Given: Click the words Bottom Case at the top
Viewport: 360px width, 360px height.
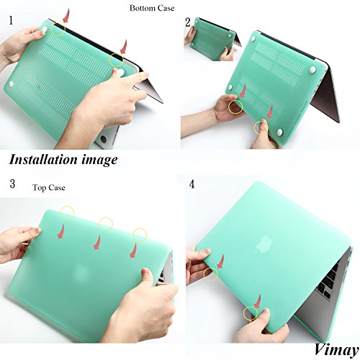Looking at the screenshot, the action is coord(152,8).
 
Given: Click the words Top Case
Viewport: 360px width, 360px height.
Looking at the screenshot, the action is coord(49,187).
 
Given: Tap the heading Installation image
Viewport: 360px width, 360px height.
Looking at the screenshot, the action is coord(63,160).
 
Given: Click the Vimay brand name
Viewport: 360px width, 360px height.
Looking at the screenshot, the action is coord(336,350).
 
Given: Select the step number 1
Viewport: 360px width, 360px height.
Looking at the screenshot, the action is coord(11,20).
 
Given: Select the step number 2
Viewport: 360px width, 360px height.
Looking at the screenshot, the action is coord(188,22).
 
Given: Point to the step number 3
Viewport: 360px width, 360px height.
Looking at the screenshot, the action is coord(12,184).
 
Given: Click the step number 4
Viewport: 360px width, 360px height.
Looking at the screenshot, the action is coord(192,184).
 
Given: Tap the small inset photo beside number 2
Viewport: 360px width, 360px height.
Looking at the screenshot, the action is coord(212,39).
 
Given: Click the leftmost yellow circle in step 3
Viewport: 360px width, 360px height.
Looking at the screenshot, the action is coord(67,213).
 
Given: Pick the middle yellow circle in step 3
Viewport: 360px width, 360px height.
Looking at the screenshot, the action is coord(106,224).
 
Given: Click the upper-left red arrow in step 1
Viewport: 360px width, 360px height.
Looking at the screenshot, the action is coord(66,16).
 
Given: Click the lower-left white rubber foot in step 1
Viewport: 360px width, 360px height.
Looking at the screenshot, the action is coord(11,84).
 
